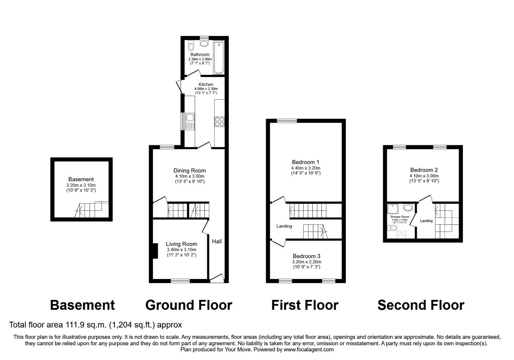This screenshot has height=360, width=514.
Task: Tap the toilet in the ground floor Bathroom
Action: [x=191, y=46]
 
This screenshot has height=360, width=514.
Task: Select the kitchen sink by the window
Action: [x=189, y=121]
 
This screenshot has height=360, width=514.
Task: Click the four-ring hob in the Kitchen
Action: [x=220, y=122]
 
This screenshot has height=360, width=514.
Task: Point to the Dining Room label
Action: [x=190, y=171]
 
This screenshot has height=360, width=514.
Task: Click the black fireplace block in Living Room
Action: [x=155, y=251]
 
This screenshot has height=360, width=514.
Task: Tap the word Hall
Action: [x=217, y=241]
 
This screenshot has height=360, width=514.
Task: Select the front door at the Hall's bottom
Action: [x=217, y=278]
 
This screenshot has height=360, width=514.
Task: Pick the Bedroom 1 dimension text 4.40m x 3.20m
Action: [x=306, y=168]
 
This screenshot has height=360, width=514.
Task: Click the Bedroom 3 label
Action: [x=306, y=256]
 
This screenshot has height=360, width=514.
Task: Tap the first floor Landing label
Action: [x=284, y=226]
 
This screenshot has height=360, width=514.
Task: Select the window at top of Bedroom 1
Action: [x=287, y=121]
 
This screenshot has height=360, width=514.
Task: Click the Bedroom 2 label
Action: [x=424, y=170]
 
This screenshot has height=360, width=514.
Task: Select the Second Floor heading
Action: [x=421, y=305]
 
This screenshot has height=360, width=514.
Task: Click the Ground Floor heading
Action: [x=189, y=305]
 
